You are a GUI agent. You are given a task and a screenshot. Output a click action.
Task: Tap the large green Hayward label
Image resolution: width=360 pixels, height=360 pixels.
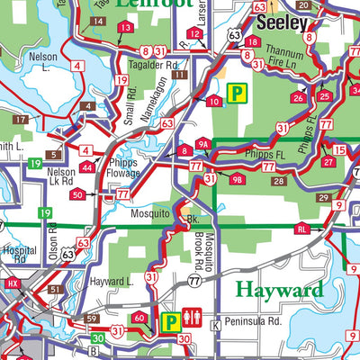coord(279,290)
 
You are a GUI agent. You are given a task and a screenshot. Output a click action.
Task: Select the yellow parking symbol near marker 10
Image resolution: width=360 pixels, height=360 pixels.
coord(237,92)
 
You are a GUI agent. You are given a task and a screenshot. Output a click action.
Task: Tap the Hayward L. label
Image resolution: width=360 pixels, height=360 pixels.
coord(112,282)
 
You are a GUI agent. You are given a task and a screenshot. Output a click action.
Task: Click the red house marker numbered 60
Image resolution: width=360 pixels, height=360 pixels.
coord(139,318)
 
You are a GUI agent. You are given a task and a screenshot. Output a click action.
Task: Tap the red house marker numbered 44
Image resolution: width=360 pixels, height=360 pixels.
coord(85,168)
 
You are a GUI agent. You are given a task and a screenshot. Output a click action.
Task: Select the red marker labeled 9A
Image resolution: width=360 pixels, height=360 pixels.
coord(203,142)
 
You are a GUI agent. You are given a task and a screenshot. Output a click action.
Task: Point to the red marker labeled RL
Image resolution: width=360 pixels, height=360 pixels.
coord(302,229)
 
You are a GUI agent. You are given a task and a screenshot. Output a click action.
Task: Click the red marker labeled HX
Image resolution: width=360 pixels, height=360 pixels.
coord(13,284)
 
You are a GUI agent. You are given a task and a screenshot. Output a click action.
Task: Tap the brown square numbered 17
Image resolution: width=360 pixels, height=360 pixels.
coord(20,120)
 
